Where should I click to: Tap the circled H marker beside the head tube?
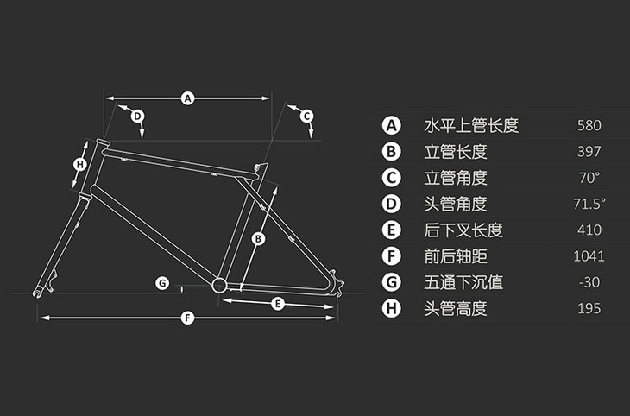(x=80, y=164)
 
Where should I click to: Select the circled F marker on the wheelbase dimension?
(x=188, y=318)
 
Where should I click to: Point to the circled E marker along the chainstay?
(x=278, y=303)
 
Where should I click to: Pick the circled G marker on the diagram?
(x=161, y=283)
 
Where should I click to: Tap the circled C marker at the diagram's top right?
(x=306, y=115)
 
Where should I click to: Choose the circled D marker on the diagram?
(x=137, y=115)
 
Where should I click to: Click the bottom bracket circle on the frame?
(x=219, y=285)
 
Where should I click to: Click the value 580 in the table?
(x=589, y=126)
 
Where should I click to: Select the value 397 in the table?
(x=589, y=152)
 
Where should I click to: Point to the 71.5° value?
(x=589, y=204)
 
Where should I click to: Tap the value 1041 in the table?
(x=589, y=256)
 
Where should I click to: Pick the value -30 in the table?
(x=588, y=282)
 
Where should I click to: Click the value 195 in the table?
(x=589, y=308)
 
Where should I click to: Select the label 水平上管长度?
(x=471, y=126)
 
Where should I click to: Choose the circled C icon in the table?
(x=393, y=178)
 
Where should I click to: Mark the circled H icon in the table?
(x=393, y=308)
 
